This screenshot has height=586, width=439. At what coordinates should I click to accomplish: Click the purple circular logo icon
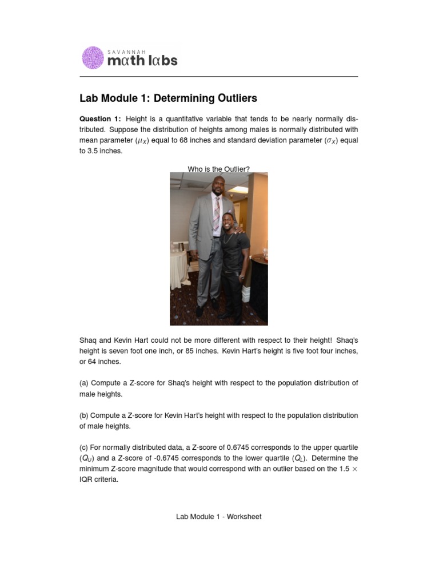point(93,58)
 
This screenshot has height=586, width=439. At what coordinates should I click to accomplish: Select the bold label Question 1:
point(100,119)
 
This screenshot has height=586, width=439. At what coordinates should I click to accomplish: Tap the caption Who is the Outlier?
point(219,169)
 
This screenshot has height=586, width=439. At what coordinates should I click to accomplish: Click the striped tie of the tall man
point(216,214)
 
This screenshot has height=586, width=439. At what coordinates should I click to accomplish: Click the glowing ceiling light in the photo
point(239,189)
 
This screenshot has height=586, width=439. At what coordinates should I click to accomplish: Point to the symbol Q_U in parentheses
point(86,458)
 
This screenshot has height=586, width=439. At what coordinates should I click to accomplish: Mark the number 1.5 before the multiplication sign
point(343,469)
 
